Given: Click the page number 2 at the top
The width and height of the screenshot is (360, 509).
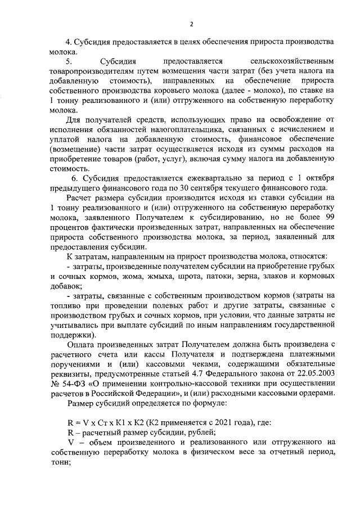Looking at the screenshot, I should tap(191, 24).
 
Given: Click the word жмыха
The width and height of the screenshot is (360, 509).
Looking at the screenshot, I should tap(164, 278).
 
